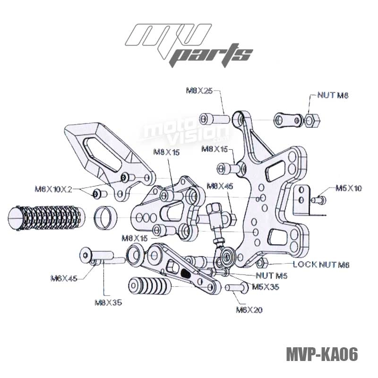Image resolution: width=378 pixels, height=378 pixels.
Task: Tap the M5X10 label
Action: pos(348,188)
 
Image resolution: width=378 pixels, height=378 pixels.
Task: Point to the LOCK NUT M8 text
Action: pos(321,265)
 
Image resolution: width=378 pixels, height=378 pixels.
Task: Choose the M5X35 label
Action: pos(265,287)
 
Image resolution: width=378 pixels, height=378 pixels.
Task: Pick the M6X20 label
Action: pos(249,310)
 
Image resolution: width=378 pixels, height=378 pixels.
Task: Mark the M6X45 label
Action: pos(63,278)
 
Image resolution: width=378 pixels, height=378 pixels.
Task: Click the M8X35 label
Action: pos(108,302)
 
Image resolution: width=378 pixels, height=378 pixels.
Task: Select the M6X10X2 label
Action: pos(53,189)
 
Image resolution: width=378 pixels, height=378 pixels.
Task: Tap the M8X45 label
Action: pos(220,186)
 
